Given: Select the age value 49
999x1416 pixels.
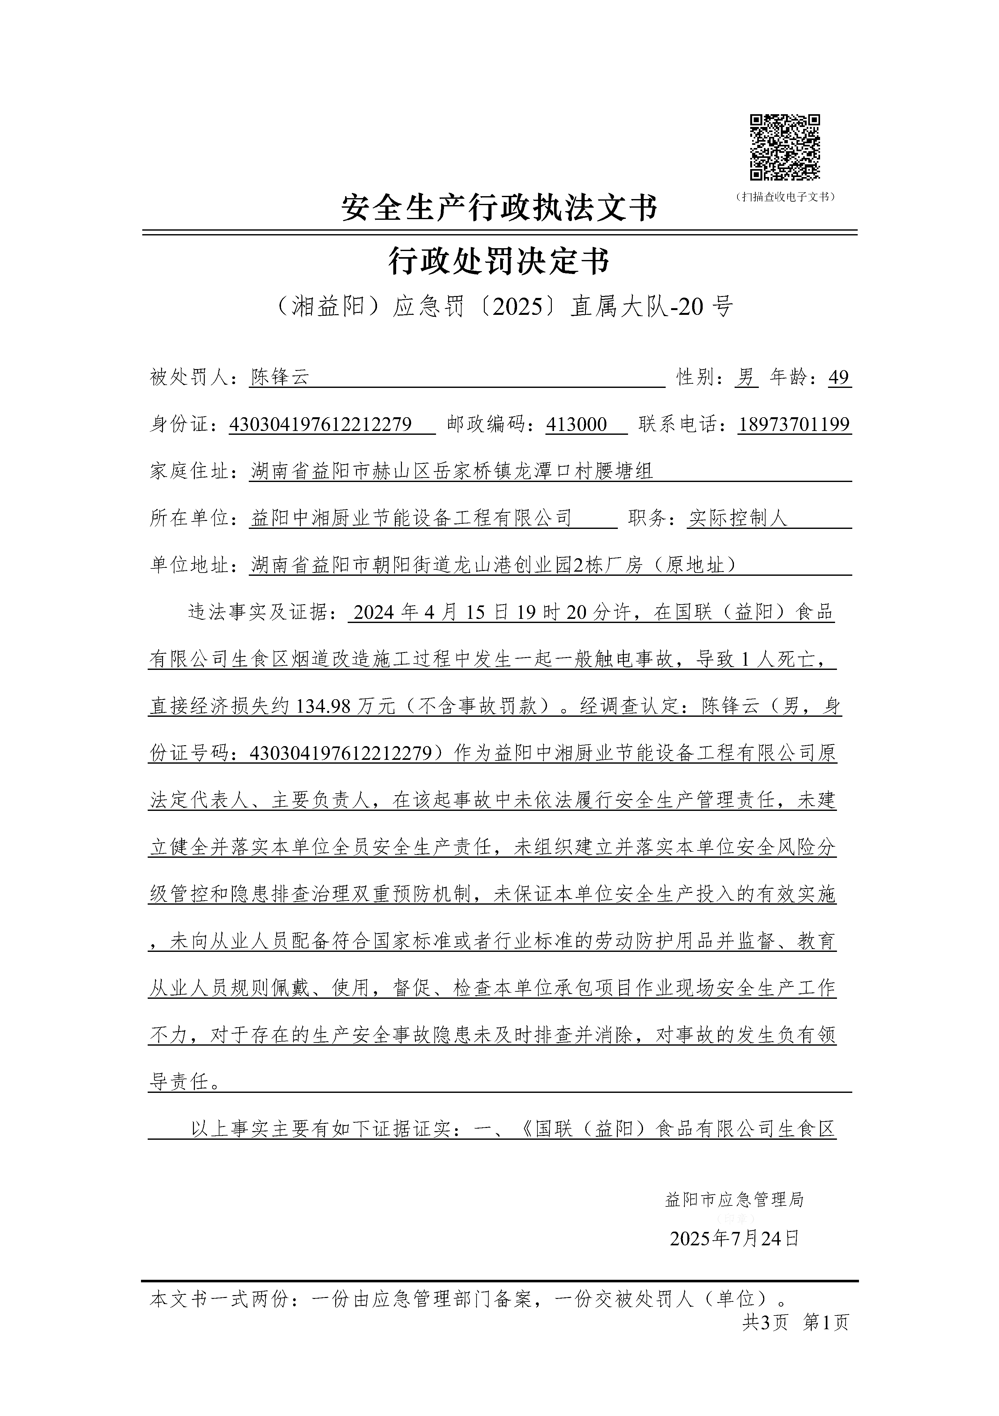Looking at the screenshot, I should (x=839, y=377).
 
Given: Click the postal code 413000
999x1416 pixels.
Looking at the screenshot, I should (x=577, y=424).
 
